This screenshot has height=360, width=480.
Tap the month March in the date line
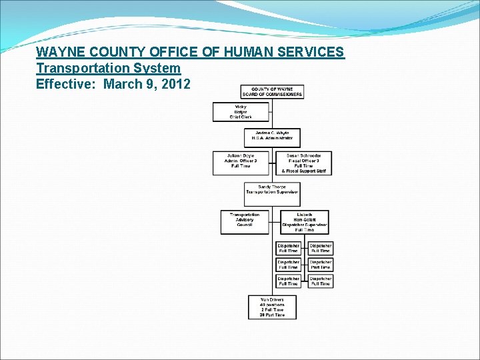(124, 84)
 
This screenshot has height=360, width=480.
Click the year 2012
(175, 84)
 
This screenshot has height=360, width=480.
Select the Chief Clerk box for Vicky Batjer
(241, 112)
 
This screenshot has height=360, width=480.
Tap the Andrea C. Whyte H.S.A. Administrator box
(272, 137)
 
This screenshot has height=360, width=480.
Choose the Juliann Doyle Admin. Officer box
(241, 161)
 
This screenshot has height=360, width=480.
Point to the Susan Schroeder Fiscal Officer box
(303, 163)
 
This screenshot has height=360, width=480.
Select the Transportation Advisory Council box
(245, 221)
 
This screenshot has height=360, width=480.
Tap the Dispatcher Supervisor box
(305, 222)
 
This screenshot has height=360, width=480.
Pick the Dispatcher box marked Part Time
(320, 265)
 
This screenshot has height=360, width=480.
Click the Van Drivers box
(272, 307)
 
